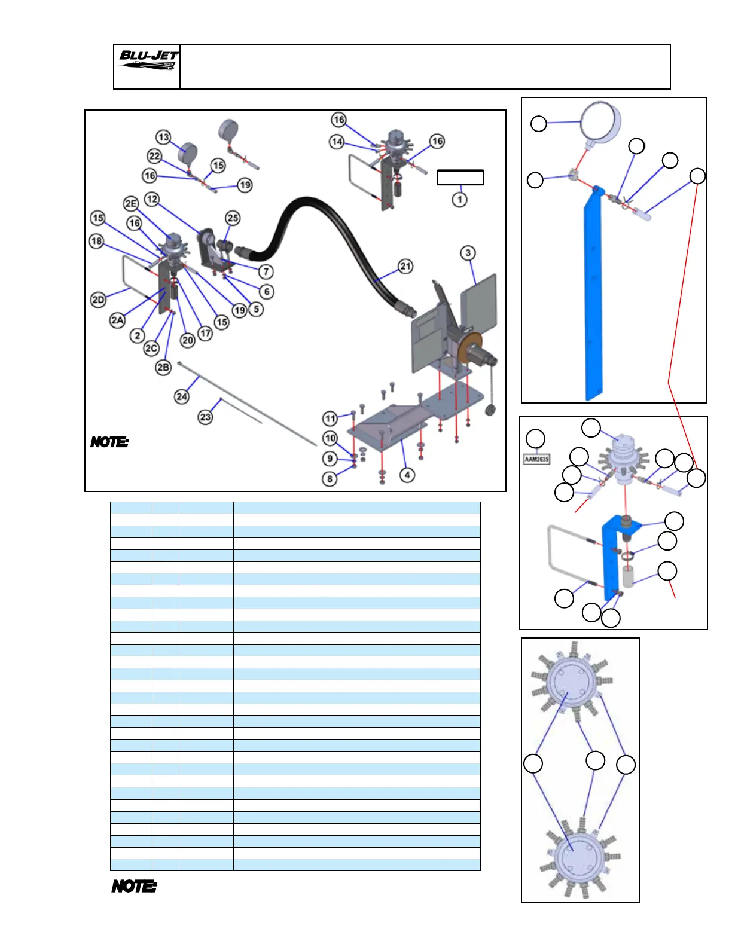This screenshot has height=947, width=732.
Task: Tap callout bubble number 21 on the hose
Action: tap(405, 266)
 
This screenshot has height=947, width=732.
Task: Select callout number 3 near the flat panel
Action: tap(468, 253)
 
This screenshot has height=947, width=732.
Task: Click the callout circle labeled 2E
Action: tap(131, 204)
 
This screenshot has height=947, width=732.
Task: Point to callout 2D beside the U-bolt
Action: tap(99, 300)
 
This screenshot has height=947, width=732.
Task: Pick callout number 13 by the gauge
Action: tap(163, 138)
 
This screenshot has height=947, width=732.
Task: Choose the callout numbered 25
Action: tap(233, 218)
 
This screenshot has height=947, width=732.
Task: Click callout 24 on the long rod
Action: tap(182, 396)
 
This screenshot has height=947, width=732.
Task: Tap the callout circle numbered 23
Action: tap(205, 417)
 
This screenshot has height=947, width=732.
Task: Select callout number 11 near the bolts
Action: tap(330, 418)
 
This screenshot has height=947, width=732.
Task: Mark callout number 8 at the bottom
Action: tap(330, 479)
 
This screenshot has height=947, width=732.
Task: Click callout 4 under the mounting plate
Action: tap(407, 475)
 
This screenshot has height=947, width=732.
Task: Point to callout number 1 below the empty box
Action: tap(459, 199)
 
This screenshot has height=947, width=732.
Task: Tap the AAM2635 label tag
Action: tap(536, 459)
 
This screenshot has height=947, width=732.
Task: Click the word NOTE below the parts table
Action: tap(135, 886)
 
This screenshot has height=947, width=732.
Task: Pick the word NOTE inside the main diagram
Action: tap(109, 442)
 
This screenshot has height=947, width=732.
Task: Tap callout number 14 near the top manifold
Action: tap(337, 142)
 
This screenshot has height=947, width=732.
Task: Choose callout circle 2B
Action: tap(163, 367)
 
